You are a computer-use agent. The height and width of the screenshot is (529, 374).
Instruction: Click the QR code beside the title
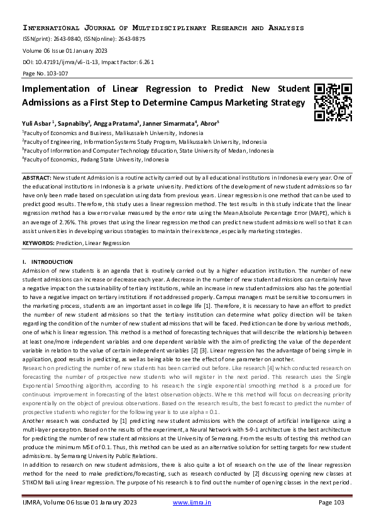click(x=333, y=102)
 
